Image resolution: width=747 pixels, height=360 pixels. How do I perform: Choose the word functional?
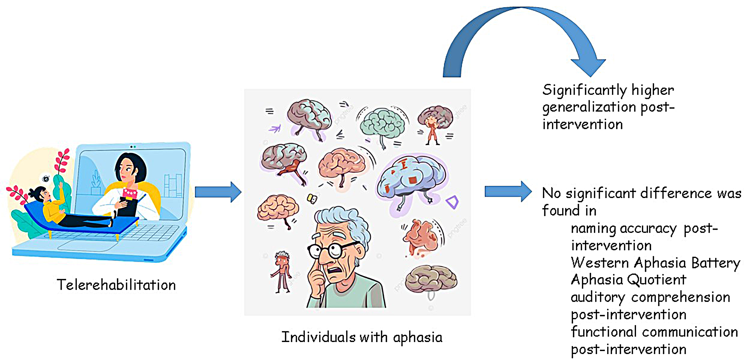coord(603,332)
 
